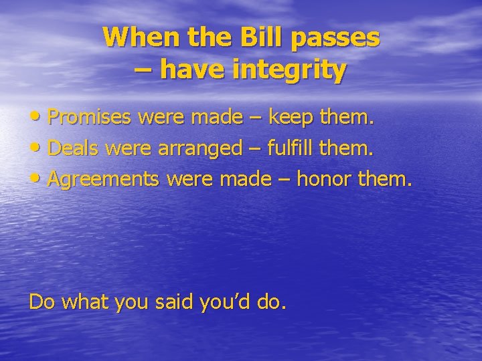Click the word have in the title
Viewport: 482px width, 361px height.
[199, 70]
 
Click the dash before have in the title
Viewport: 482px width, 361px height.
[142, 70]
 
